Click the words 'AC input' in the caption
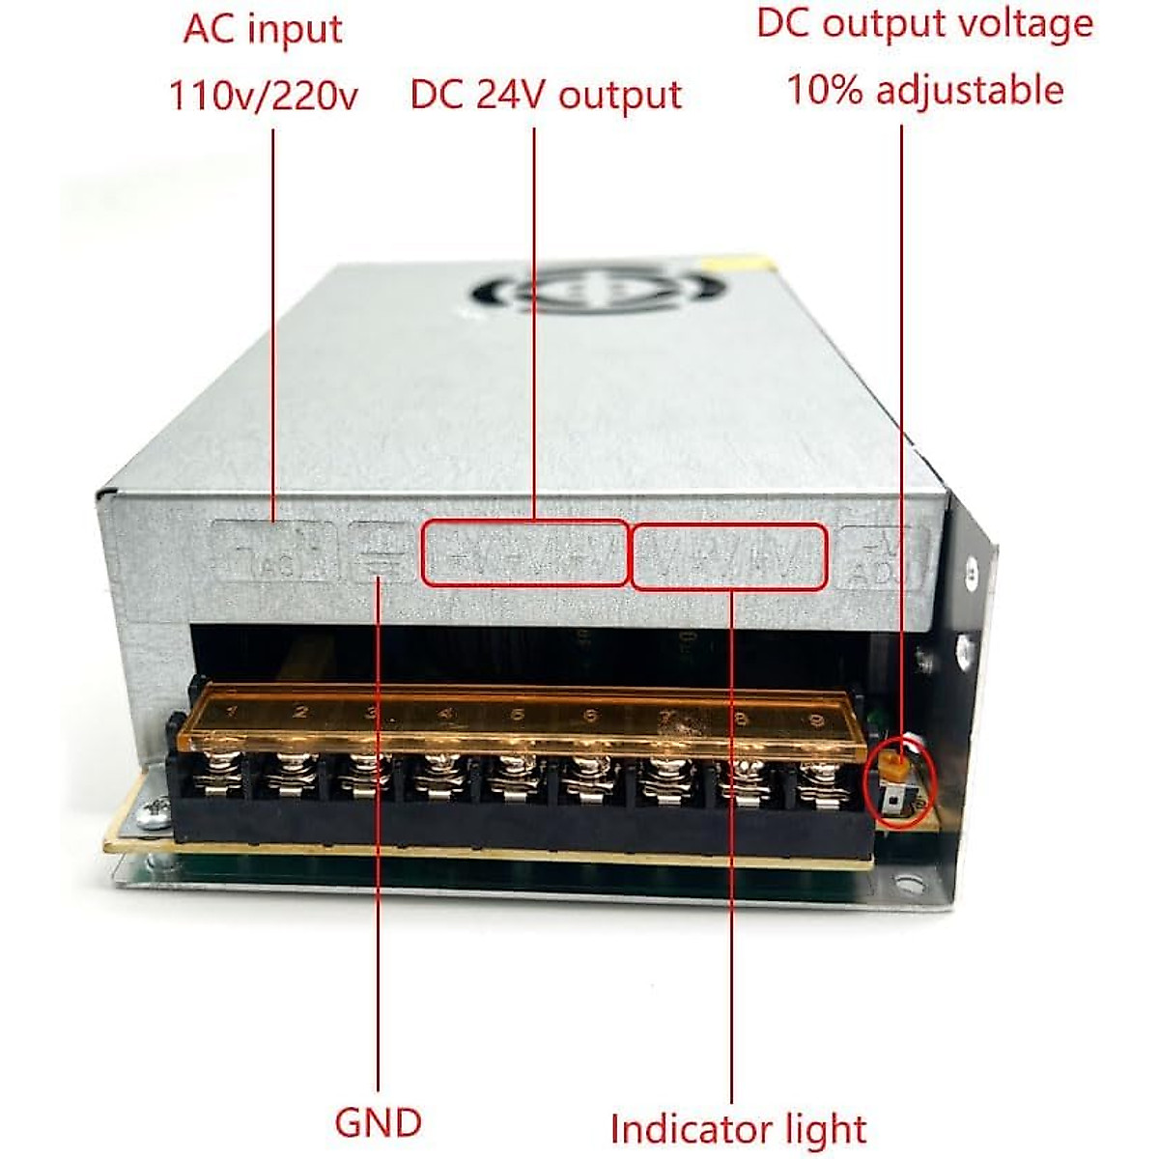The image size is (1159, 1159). pyautogui.click(x=262, y=30)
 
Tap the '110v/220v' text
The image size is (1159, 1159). pyautogui.click(x=264, y=96)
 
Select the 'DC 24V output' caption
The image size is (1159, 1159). pyautogui.click(x=546, y=96)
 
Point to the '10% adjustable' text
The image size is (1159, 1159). pyautogui.click(x=924, y=90)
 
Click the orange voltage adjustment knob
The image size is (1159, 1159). pyautogui.click(x=896, y=768)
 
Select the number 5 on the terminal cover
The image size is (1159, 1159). pyautogui.click(x=518, y=715)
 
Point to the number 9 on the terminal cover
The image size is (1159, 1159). pyautogui.click(x=816, y=719)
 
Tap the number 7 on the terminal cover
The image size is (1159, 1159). pyautogui.click(x=665, y=717)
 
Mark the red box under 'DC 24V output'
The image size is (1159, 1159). pyautogui.click(x=524, y=553)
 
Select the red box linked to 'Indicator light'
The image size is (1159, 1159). pyautogui.click(x=729, y=556)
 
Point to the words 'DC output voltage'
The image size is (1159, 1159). pyautogui.click(x=924, y=24)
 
